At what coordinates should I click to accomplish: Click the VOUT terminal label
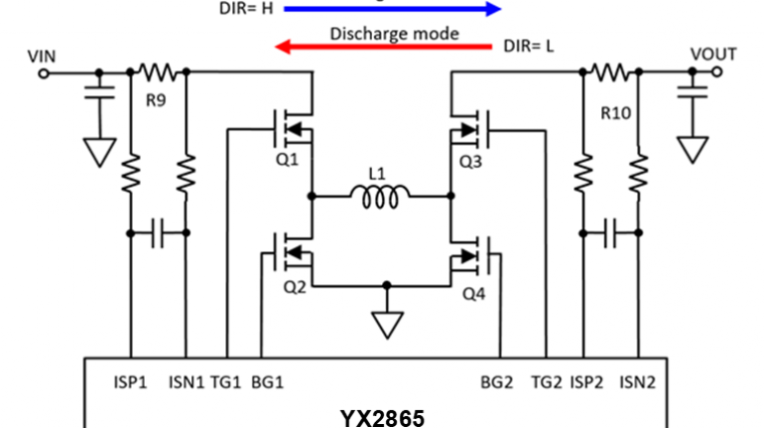[713, 54]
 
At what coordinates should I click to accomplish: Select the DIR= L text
[529, 46]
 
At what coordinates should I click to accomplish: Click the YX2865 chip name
[382, 417]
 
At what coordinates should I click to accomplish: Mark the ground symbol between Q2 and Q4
[382, 324]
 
